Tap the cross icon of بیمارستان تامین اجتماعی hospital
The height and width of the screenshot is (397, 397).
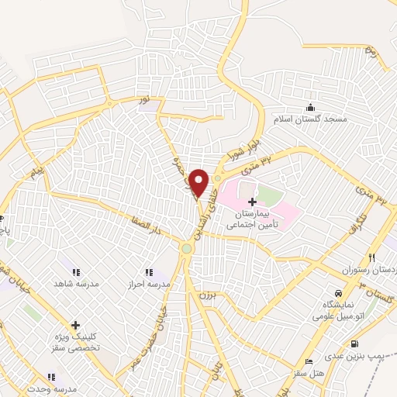coord(252,201)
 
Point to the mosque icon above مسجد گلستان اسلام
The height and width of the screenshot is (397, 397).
coord(311,107)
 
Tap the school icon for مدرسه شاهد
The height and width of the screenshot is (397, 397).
coord(76,272)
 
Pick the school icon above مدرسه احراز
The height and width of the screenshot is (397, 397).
coord(149,272)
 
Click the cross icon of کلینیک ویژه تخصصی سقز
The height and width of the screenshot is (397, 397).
coord(75,325)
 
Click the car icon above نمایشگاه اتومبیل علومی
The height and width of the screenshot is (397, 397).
coord(340,289)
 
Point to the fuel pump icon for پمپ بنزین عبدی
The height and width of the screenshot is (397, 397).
coord(354,343)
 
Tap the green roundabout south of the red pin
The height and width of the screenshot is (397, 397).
coord(188,248)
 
